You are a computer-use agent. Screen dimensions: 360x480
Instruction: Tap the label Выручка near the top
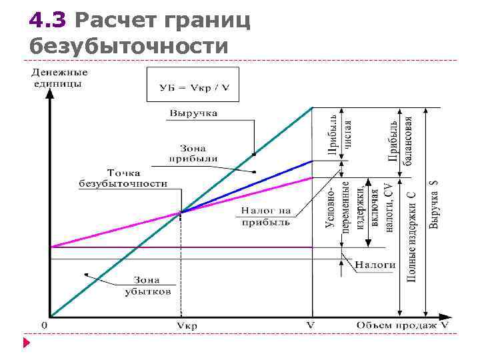(193, 113)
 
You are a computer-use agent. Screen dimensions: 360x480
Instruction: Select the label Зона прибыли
(193, 153)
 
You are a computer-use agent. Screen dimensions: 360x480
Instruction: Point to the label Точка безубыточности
(123, 177)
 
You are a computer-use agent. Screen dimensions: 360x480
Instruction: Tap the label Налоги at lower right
(375, 264)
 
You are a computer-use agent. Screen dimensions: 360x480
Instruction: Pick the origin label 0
(44, 325)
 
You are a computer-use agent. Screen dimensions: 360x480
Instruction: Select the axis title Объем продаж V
(402, 325)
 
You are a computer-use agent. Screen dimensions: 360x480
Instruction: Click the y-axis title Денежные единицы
(59, 77)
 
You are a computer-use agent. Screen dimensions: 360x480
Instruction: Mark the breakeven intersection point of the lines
(181, 213)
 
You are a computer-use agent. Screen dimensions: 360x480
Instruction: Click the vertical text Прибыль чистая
(339, 133)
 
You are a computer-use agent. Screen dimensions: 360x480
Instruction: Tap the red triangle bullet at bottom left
(27, 344)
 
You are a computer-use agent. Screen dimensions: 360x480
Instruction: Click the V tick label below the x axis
(311, 325)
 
